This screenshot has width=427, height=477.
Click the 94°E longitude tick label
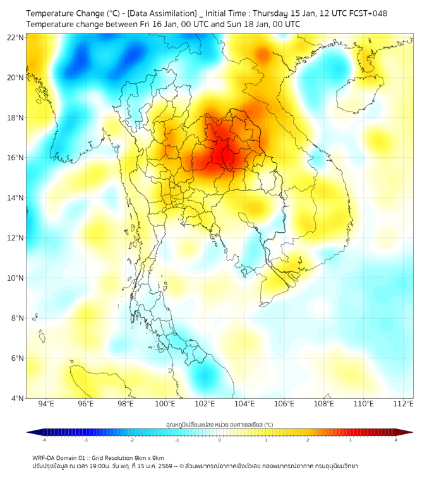pyautogui.click(x=46, y=404)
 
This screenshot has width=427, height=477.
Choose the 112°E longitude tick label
pyautogui.click(x=403, y=404)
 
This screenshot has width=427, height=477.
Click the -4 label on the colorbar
pyautogui.click(x=44, y=440)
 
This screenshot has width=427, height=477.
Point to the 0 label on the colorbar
pyautogui.click(x=220, y=440)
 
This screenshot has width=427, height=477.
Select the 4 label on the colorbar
pyautogui.click(x=396, y=440)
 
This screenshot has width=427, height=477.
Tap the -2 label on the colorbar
pyautogui.click(x=131, y=440)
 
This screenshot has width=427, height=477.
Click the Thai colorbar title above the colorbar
pyautogui.click(x=219, y=425)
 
